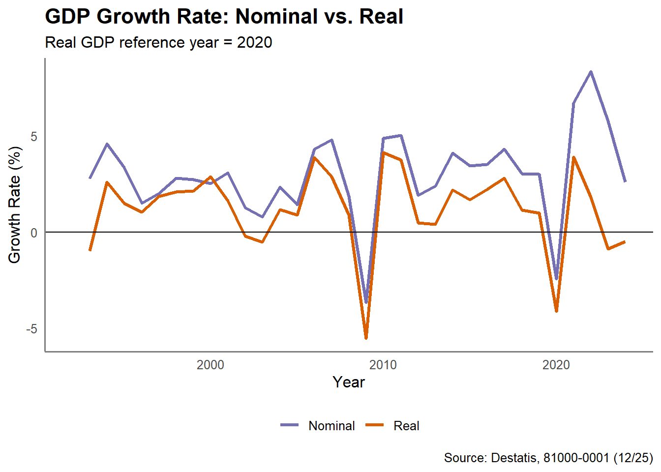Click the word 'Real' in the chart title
[381, 17]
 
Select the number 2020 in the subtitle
[254, 42]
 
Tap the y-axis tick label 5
[34, 137]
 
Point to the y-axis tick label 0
[34, 233]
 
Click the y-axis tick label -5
[32, 328]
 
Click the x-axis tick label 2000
[210, 365]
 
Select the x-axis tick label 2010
[383, 365]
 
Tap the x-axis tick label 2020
[556, 365]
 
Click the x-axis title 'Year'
[349, 382]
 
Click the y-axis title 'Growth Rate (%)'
[15, 205]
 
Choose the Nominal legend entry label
[331, 426]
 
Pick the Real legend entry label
[406, 426]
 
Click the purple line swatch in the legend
[290, 425]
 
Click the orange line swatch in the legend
[375, 425]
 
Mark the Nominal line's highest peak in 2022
[591, 72]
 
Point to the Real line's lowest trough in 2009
[366, 338]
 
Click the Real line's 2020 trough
[556, 311]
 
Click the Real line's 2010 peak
[383, 152]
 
